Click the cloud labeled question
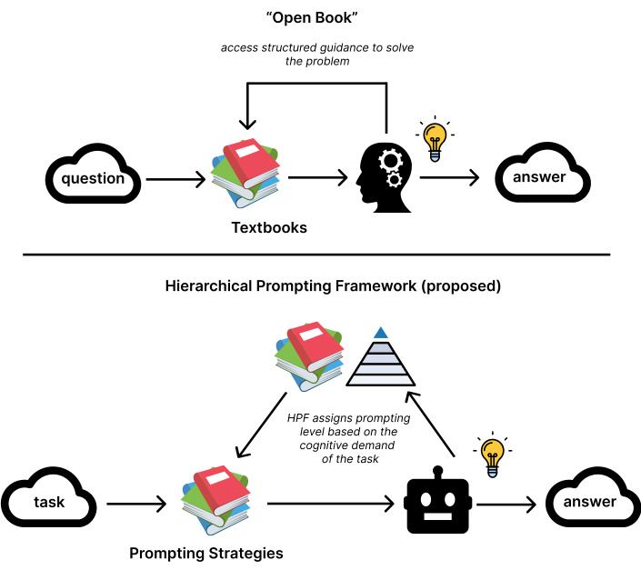(93, 176)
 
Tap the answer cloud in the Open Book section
(539, 175)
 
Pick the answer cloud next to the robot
(589, 501)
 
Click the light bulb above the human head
(435, 138)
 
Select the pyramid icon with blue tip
(381, 359)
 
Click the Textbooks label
(268, 228)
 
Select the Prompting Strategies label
(206, 553)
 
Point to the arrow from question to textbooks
(175, 179)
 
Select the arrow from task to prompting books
(136, 502)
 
